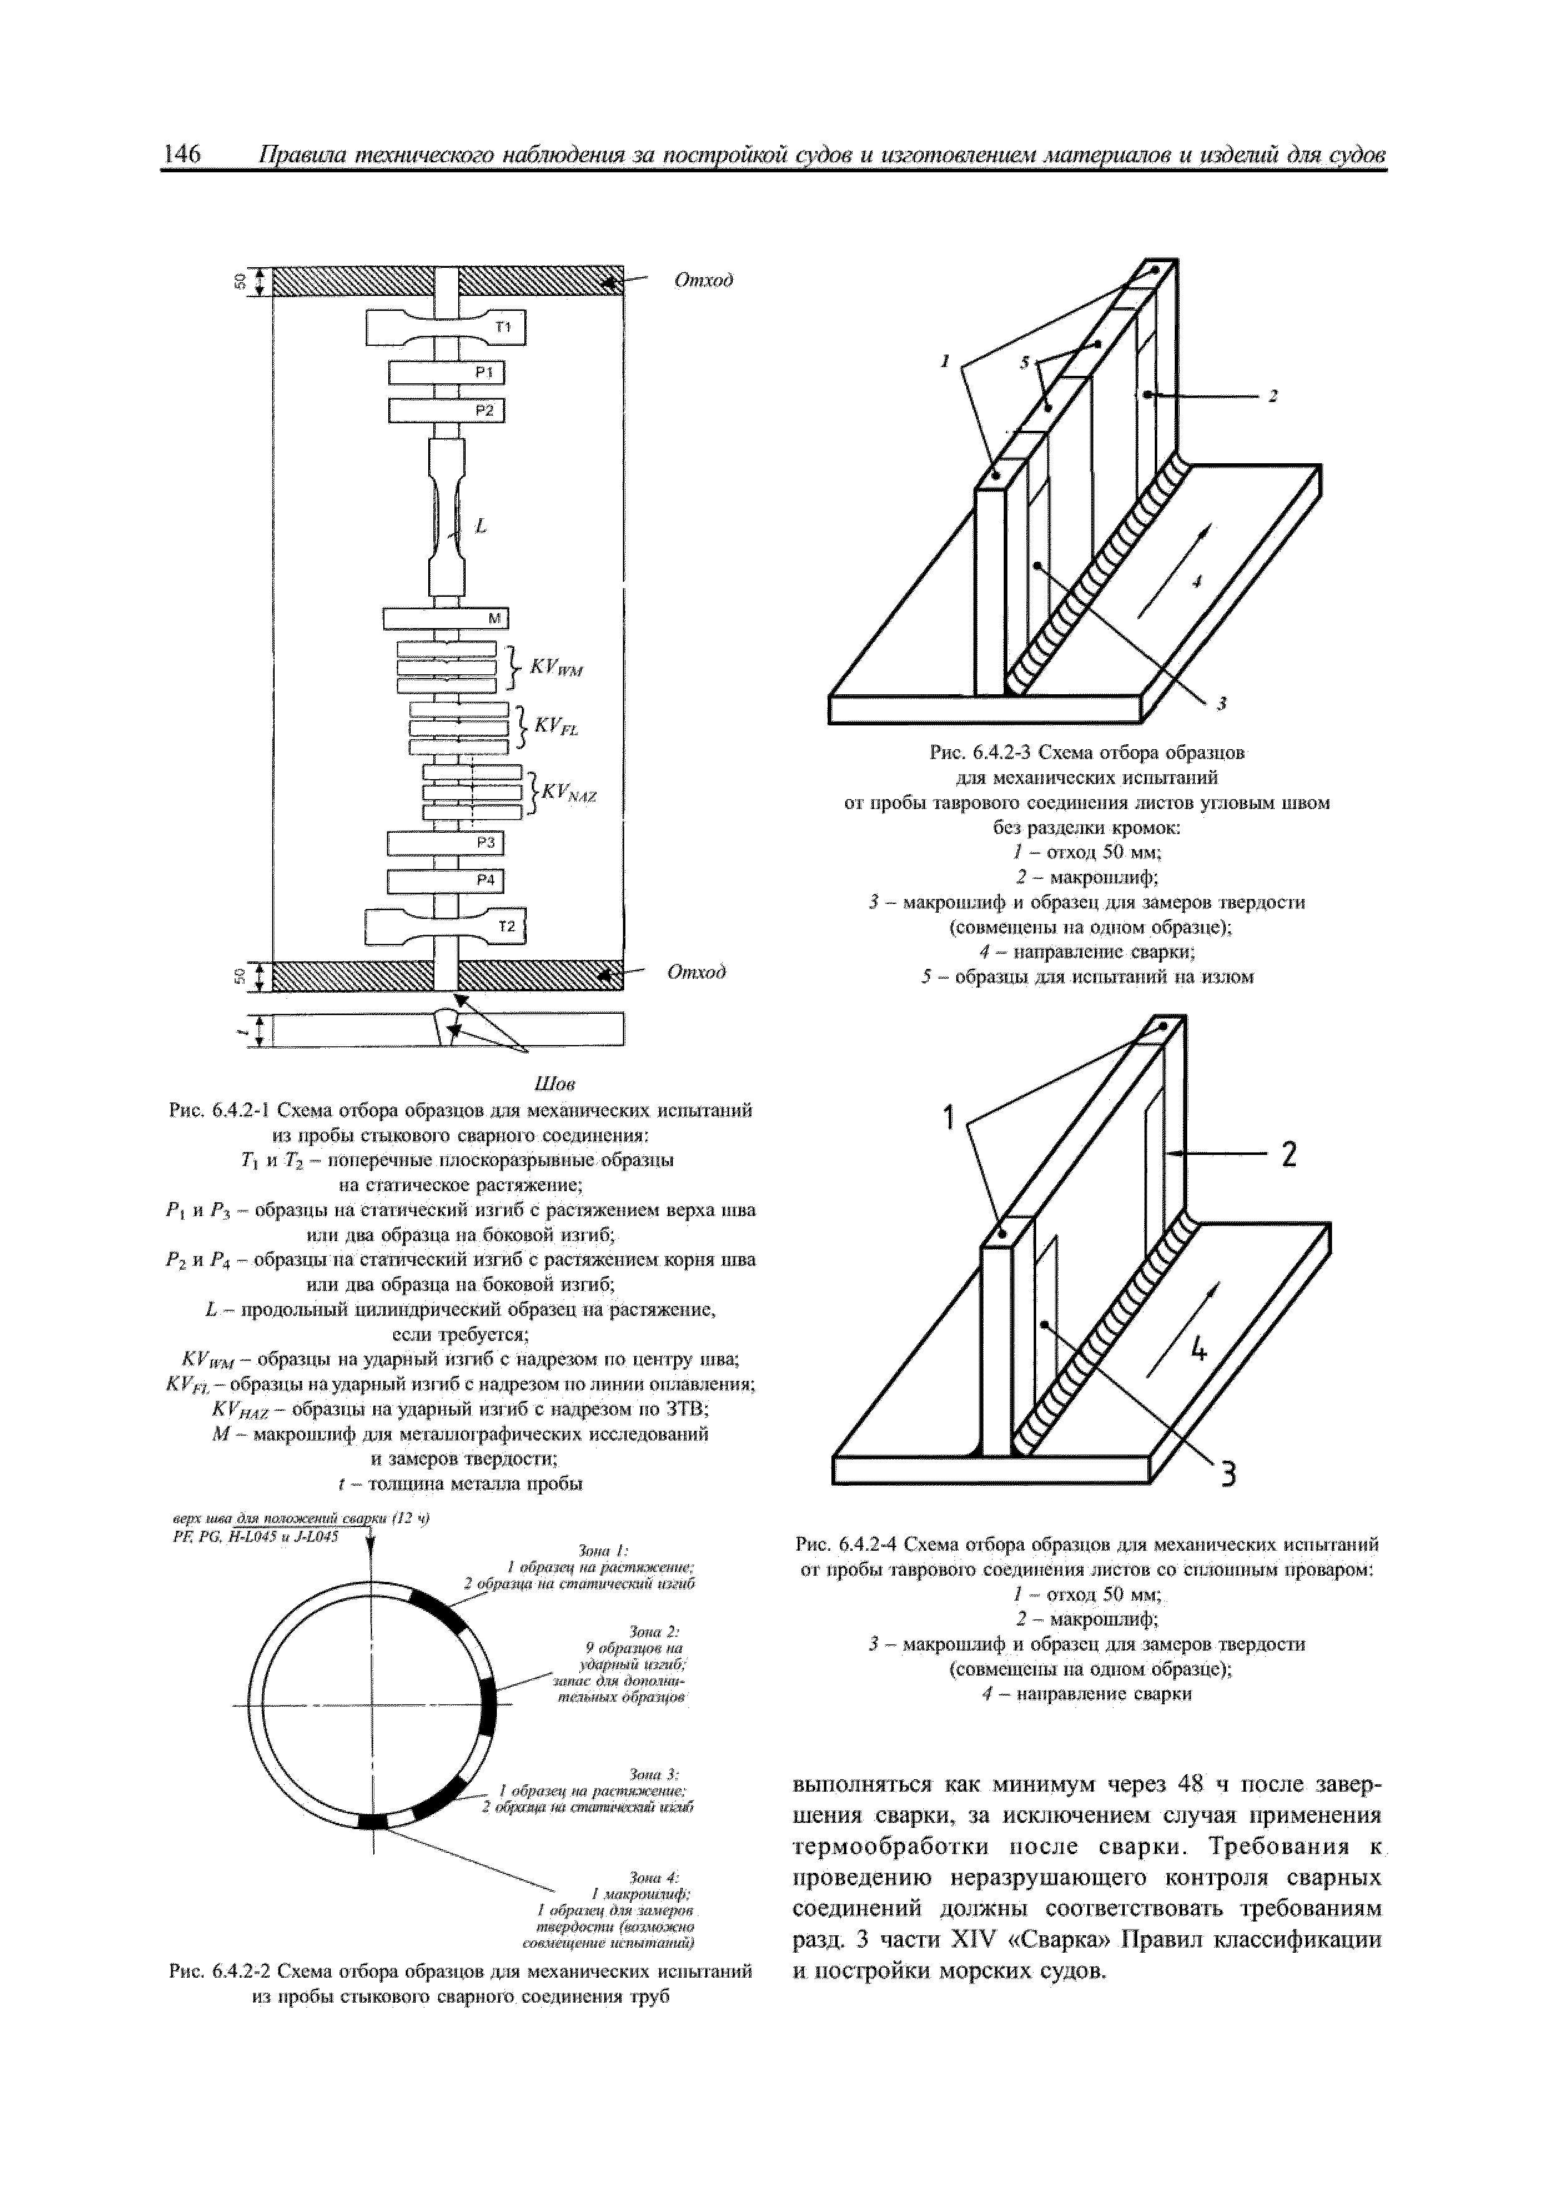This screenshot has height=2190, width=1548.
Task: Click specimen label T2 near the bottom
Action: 506,926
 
